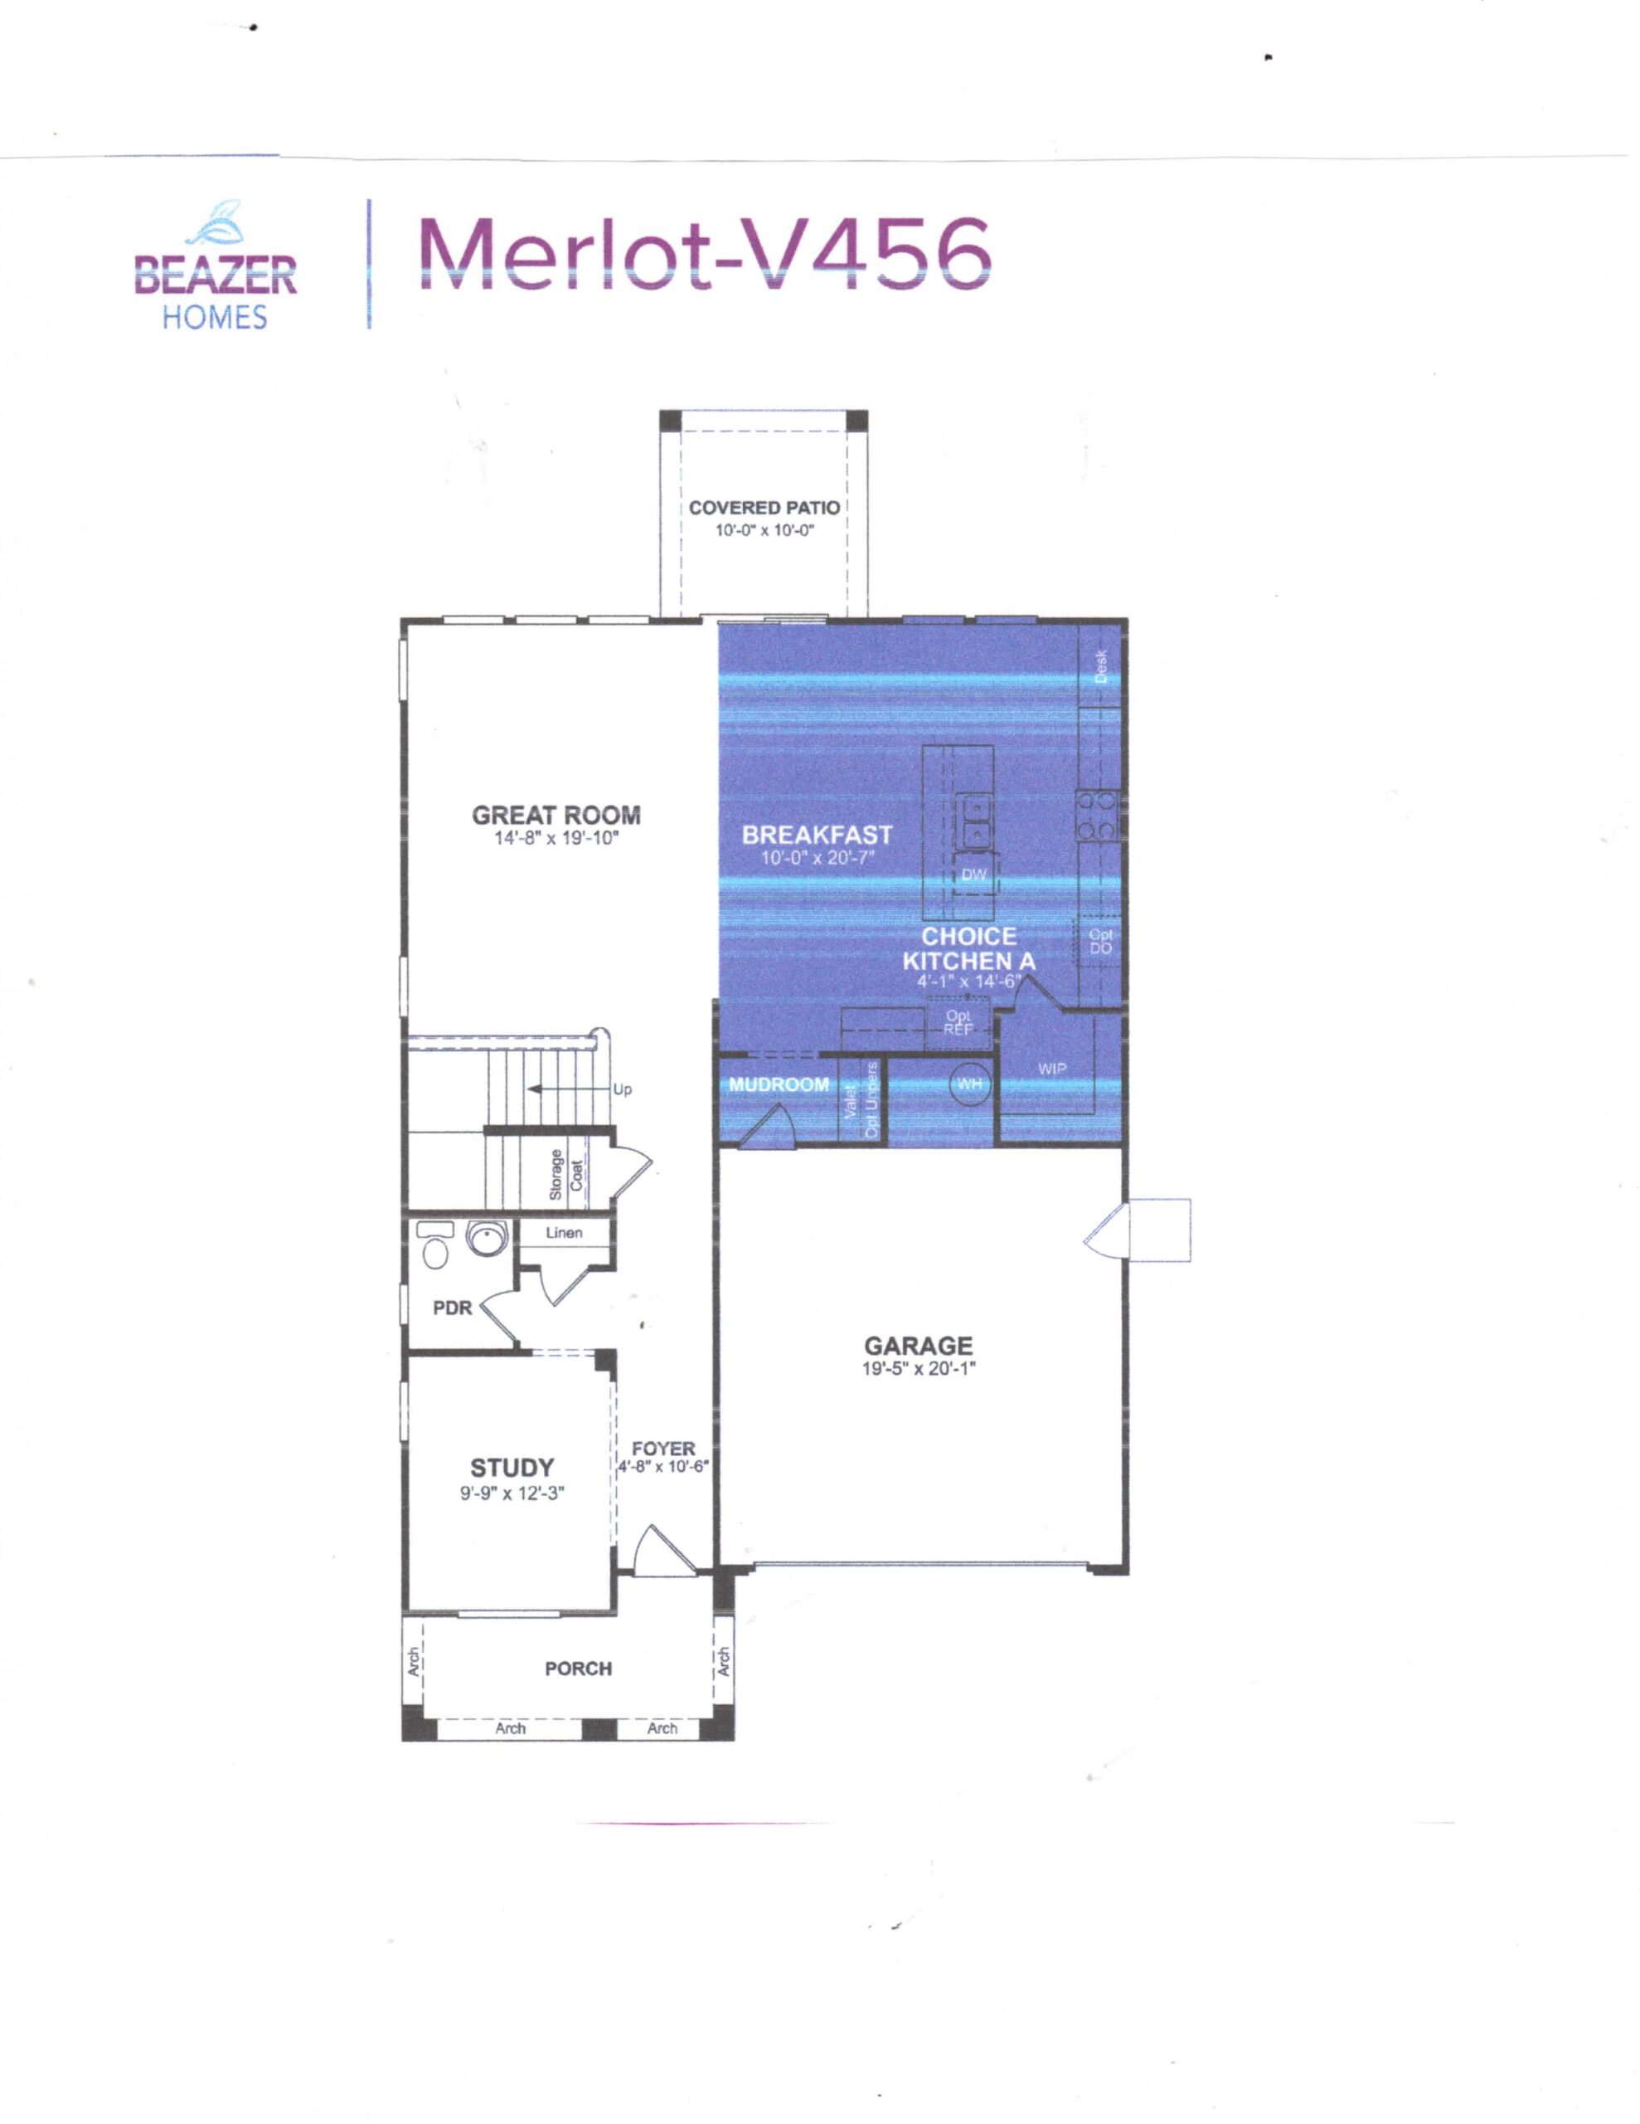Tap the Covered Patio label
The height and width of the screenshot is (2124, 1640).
point(764,508)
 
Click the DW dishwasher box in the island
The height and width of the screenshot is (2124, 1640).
point(973,875)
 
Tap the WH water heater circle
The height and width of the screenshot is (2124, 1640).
point(970,1084)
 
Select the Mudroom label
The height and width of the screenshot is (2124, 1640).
point(779,1084)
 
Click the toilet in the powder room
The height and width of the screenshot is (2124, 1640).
point(434,1246)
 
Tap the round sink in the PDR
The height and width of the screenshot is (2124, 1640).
point(483,1238)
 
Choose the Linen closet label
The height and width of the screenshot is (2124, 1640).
point(564,1233)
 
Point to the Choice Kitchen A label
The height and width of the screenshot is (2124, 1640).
point(968,948)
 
